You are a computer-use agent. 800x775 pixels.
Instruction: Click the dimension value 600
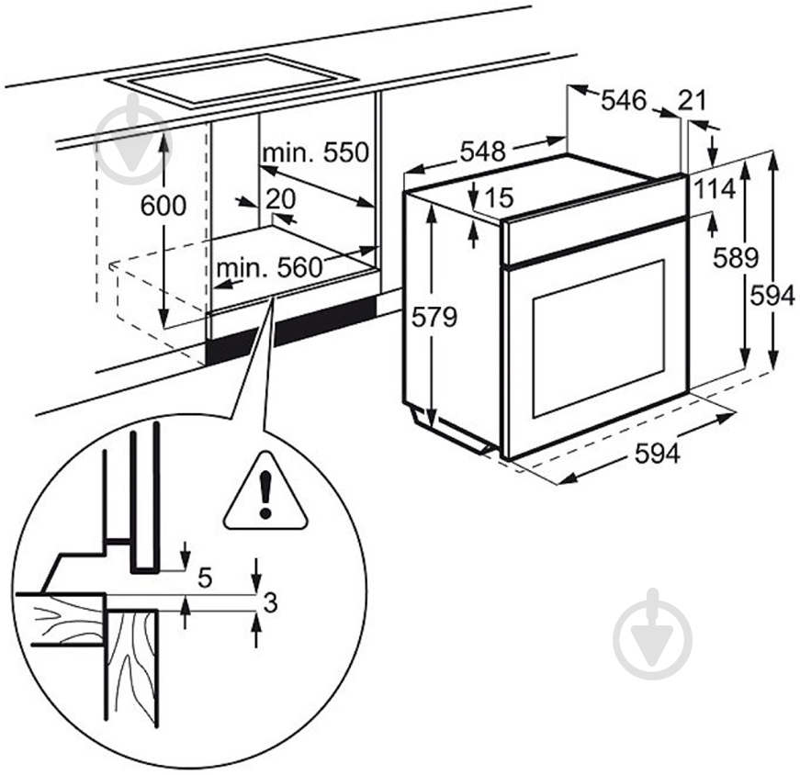coord(163,206)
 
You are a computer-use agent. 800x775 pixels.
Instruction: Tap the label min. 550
coord(314,152)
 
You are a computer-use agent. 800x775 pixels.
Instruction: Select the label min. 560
coord(270,268)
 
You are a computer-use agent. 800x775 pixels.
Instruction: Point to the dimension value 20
coord(279,198)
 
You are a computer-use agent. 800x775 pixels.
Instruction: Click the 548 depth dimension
coord(482,152)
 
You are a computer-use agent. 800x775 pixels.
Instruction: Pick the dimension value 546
coord(624,101)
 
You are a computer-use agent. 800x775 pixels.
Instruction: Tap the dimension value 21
coord(692,101)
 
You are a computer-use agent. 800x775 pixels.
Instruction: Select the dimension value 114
coord(715,189)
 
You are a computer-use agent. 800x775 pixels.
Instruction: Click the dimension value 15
coord(497,197)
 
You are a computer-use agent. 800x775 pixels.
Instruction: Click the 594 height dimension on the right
coord(771,296)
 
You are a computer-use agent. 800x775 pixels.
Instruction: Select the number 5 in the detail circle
coord(205,578)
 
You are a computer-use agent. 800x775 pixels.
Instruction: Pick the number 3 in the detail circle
coord(269,603)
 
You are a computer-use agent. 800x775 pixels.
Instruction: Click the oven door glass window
coord(597,338)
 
